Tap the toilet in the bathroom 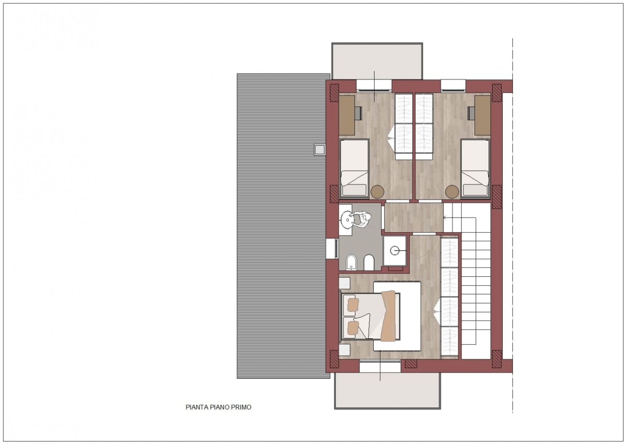[x=369, y=262]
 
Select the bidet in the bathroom [x=351, y=263]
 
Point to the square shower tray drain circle [x=395, y=250]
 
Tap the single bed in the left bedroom [x=354, y=169]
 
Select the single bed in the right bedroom [x=475, y=169]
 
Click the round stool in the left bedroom [x=377, y=192]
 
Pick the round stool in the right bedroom [x=452, y=192]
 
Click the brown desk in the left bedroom [x=347, y=115]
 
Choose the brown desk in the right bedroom [x=482, y=115]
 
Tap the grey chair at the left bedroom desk [x=359, y=113]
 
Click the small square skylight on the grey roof [x=320, y=149]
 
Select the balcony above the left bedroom [x=377, y=61]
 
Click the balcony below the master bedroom [x=387, y=391]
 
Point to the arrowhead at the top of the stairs [x=444, y=217]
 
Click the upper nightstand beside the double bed [x=344, y=283]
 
